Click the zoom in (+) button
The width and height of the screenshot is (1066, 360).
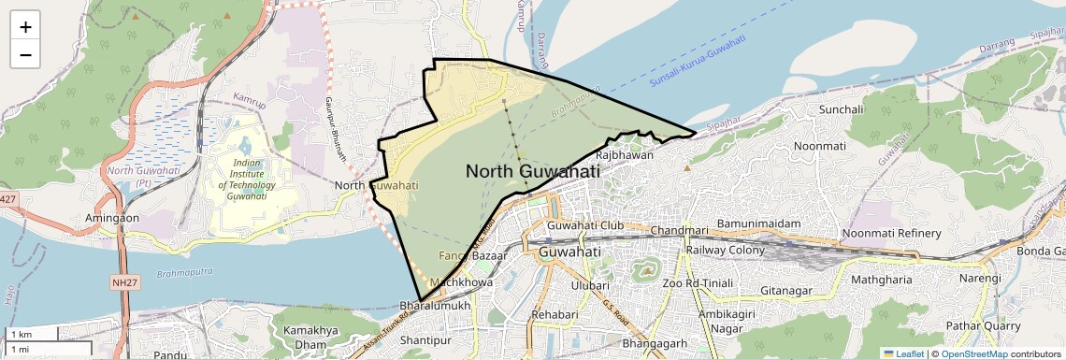(x=25, y=27)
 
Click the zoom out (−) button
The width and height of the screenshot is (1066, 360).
(x=25, y=55)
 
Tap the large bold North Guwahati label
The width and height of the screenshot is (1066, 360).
(x=532, y=171)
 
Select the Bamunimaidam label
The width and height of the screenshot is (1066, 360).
(x=758, y=224)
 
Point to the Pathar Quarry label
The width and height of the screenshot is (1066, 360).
(x=982, y=325)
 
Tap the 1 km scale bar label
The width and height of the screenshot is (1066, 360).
(x=21, y=334)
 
